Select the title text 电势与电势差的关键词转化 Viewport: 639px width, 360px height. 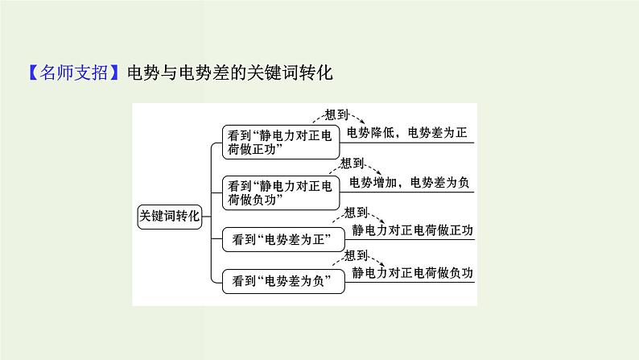pos(230,73)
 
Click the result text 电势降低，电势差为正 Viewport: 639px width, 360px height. pos(406,133)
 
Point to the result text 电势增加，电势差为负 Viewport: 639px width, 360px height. pos(409,182)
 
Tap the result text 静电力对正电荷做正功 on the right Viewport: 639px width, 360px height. pos(413,230)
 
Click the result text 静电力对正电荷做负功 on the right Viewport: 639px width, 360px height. pos(413,272)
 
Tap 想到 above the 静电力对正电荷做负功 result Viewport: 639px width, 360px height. pos(356,255)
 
